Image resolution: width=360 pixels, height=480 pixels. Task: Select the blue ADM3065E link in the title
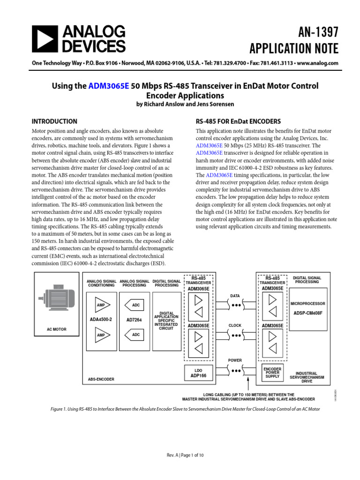click(108, 86)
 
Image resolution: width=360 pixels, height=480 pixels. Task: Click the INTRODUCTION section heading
click(54, 121)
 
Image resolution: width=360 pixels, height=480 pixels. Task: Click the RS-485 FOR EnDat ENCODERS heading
click(238, 121)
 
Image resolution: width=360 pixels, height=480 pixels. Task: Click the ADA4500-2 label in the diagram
click(101, 320)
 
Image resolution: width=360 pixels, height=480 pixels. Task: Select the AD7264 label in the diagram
click(135, 320)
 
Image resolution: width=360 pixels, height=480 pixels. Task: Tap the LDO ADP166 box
click(198, 373)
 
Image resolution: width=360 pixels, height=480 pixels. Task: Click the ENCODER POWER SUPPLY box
click(272, 373)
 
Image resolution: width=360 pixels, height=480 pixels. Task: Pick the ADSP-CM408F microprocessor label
click(307, 313)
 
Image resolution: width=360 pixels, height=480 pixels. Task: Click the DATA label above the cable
click(235, 296)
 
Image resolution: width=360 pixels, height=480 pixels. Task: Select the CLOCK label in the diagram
click(235, 325)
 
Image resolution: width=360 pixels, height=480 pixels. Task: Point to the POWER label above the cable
click(235, 360)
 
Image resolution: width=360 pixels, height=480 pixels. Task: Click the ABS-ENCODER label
click(101, 379)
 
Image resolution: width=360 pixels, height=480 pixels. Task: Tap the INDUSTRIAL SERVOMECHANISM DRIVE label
click(307, 377)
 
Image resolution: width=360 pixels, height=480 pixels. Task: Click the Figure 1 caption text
click(185, 409)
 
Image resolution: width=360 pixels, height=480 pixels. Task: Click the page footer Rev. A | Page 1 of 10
click(185, 455)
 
